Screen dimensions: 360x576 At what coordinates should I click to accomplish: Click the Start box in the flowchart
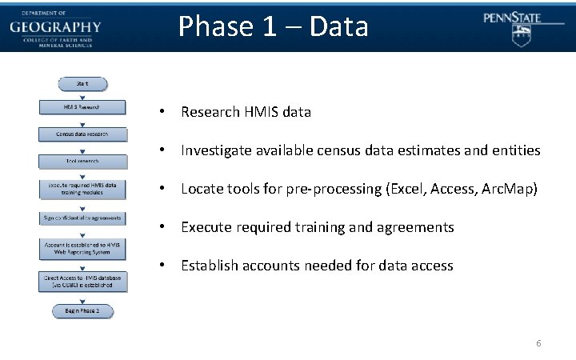click(82, 83)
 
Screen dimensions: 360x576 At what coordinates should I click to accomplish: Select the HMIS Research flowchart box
click(82, 106)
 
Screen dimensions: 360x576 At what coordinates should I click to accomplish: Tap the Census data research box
click(82, 134)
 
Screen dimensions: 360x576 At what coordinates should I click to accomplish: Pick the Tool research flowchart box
click(82, 161)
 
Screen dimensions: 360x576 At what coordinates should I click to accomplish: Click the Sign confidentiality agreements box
click(82, 218)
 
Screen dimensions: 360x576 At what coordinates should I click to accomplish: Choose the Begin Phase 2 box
click(82, 310)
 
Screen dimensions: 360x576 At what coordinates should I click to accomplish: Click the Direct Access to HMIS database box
click(82, 281)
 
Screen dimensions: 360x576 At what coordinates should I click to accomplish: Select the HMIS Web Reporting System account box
click(82, 249)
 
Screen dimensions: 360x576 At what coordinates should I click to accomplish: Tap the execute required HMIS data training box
click(82, 189)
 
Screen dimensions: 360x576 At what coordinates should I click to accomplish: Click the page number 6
click(538, 343)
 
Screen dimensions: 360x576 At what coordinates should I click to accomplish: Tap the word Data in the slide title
click(338, 26)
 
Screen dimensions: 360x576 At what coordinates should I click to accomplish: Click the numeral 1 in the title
click(277, 26)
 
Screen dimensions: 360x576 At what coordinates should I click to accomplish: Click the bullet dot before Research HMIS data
click(162, 112)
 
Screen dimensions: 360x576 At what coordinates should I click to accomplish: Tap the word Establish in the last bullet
click(210, 266)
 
